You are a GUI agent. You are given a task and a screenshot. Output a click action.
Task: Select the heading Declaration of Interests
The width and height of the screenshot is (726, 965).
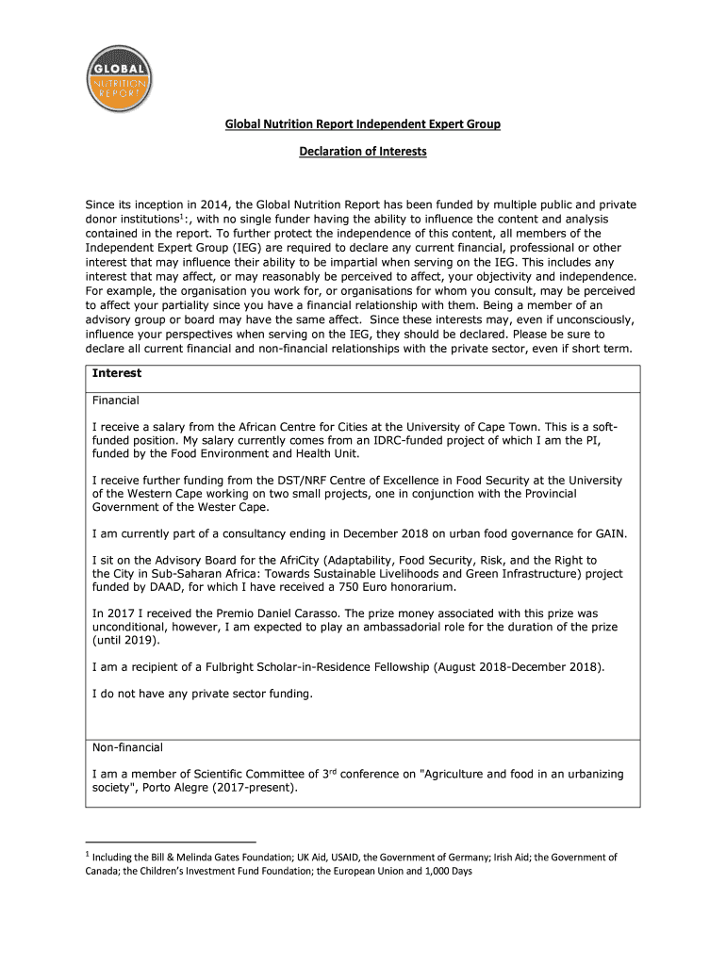[363, 151]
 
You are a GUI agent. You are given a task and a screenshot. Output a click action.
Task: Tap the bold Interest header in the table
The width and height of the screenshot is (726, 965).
[117, 373]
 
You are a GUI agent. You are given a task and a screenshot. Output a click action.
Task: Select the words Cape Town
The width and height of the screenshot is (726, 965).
[530, 428]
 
